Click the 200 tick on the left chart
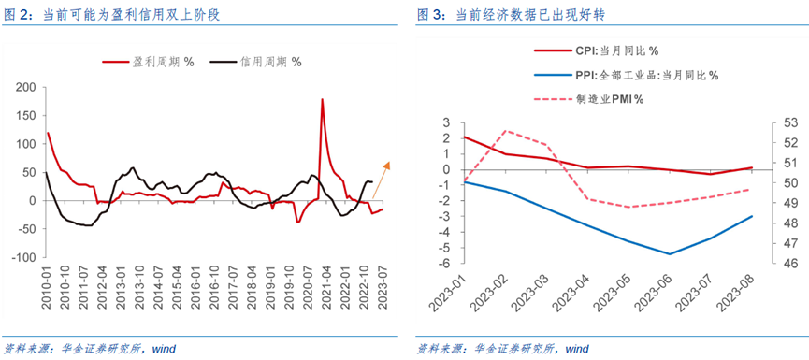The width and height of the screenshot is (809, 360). (x=24, y=87)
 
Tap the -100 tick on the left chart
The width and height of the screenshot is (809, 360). (x=22, y=257)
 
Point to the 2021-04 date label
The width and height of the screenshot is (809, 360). (x=327, y=285)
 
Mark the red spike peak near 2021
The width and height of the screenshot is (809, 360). (x=323, y=99)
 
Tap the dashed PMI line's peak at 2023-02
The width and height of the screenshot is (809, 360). (x=506, y=131)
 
